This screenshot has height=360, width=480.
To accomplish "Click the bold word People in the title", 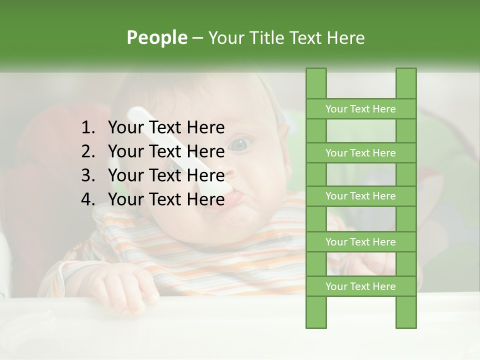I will point(156,37).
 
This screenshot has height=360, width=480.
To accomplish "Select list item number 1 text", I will point(166,128).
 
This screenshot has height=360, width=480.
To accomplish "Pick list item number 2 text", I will point(166,151).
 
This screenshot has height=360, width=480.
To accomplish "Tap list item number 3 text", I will point(166,175).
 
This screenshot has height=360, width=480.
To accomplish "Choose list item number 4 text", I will point(166,199).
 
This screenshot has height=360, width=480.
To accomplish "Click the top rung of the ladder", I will point(360,109).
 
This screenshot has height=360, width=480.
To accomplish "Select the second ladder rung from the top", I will point(360,153).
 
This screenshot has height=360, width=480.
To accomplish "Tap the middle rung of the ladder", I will point(360,196).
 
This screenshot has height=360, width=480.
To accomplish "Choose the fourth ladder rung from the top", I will point(360,242).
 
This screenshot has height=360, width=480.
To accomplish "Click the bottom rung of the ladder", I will point(360,286).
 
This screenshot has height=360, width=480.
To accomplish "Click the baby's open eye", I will point(239,145).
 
